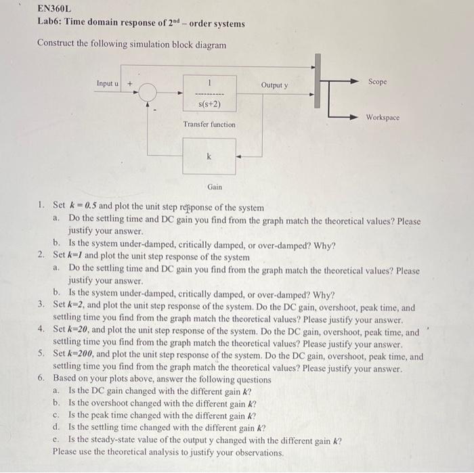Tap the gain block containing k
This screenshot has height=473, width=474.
tap(209, 156)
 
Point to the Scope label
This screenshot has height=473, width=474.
tap(378, 81)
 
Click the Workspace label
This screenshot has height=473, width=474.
tap(383, 118)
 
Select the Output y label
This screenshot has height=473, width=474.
tap(274, 85)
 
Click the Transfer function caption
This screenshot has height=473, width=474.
tap(209, 125)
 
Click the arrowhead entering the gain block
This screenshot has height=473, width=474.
tap(238, 156)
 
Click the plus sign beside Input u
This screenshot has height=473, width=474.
tap(130, 85)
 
